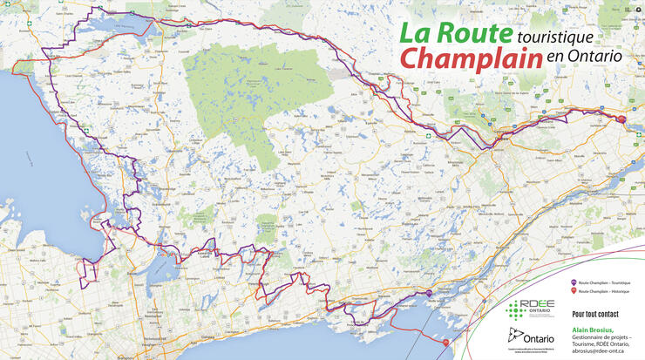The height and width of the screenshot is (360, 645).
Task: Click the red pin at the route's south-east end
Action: pos(446,342)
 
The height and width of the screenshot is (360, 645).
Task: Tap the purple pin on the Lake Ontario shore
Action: pos(428,293)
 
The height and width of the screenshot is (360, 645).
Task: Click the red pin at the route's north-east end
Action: pos(621,119)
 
